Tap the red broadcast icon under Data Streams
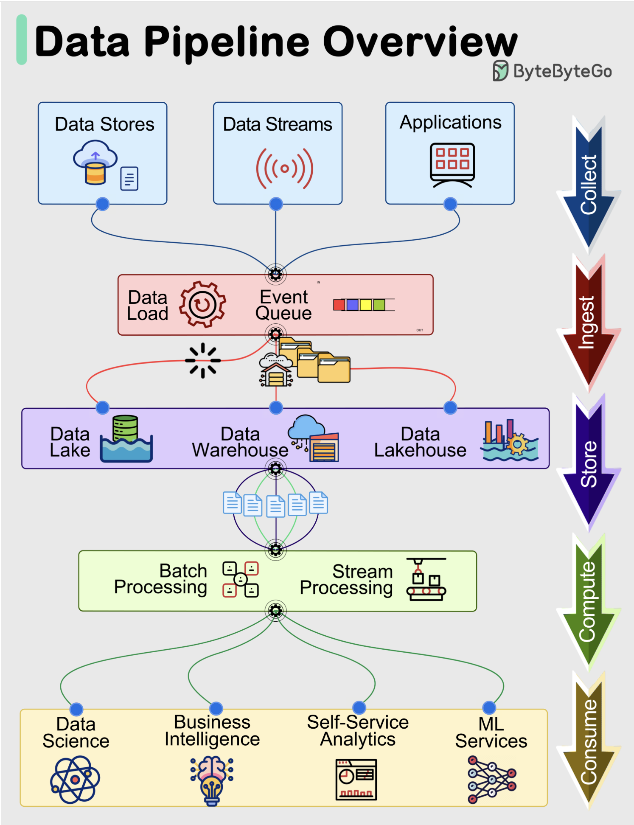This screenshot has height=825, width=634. click(x=284, y=168)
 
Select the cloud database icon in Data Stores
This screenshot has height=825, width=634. click(x=95, y=163)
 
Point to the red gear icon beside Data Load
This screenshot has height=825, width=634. click(x=202, y=304)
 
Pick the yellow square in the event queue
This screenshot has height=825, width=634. click(x=365, y=305)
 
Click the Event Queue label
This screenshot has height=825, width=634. click(x=283, y=305)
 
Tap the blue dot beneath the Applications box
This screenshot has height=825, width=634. click(x=450, y=204)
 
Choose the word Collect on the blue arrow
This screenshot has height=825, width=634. click(x=588, y=184)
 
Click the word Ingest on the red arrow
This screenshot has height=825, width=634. click(x=587, y=323)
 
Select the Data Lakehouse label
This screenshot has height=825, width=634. click(x=420, y=442)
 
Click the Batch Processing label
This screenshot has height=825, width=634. click(x=161, y=579)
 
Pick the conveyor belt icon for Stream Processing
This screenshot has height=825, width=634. click(x=426, y=579)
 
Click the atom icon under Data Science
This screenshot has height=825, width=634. click(x=75, y=779)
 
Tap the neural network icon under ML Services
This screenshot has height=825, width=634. click(x=491, y=779)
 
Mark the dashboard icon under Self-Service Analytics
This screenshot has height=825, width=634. click(x=356, y=780)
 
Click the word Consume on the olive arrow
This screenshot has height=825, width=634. click(x=588, y=741)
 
